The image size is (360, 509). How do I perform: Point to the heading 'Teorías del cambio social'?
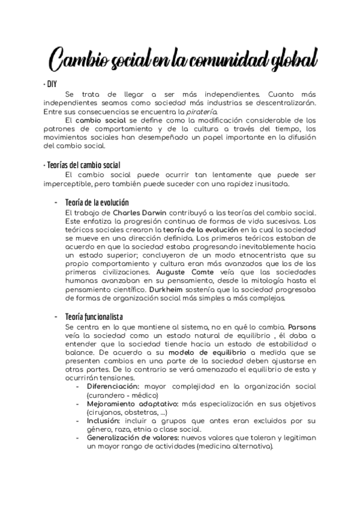click(x=82, y=165)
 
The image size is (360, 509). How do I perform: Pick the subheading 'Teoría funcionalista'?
click(x=93, y=316)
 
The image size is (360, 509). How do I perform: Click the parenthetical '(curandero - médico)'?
click(x=122, y=396)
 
